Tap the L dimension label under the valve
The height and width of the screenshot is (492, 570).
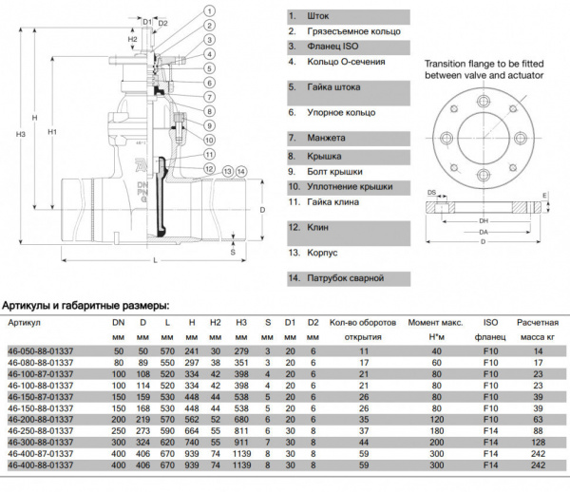154,259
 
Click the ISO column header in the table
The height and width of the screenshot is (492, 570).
491,322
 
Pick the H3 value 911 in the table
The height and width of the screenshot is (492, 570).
240,442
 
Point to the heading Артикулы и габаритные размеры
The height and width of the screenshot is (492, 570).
85,305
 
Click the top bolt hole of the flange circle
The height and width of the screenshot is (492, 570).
484,95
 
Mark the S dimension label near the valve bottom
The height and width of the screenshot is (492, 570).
233,254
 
